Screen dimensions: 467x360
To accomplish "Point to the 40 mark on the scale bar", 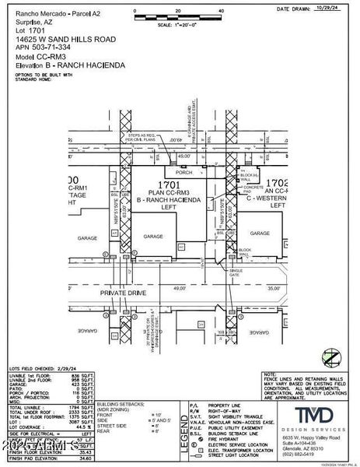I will [x=222, y=12].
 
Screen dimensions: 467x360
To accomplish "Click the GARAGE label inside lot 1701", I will [x=153, y=236].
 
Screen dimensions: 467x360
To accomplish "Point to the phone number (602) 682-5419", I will [x=306, y=455].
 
